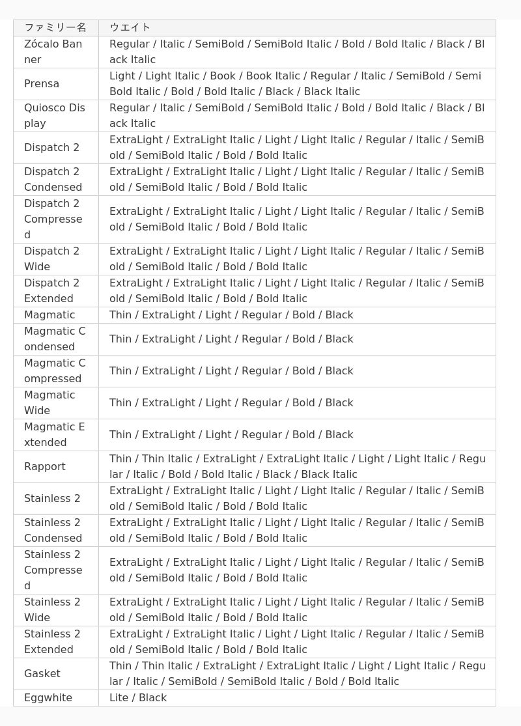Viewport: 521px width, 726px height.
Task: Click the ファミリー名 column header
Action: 55,27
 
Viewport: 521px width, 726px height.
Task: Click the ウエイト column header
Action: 130,27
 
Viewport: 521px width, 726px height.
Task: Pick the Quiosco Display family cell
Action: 55,115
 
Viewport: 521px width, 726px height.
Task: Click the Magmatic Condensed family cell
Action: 55,339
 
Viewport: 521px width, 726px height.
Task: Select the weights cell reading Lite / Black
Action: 138,697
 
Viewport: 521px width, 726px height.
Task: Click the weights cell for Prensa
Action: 296,83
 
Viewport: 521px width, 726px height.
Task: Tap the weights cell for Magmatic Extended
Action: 231,434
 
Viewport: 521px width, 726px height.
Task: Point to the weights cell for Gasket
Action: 296,673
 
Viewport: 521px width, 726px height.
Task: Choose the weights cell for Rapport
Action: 296,466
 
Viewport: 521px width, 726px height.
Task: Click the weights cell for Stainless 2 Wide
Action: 296,609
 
